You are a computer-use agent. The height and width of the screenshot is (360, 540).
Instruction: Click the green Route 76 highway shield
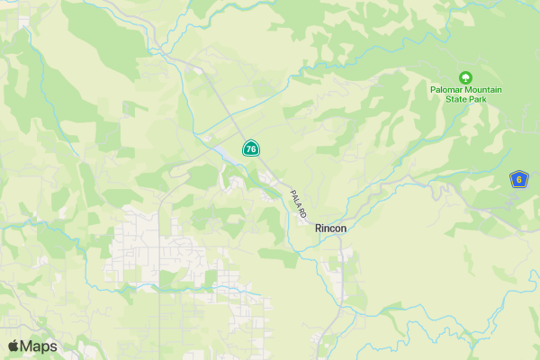pos(251,148)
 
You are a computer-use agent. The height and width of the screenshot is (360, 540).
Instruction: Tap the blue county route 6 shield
pos(518,179)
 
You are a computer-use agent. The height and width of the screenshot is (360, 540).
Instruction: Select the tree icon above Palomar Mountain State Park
pos(465,77)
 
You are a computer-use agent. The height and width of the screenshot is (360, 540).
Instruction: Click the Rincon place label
pos(330,229)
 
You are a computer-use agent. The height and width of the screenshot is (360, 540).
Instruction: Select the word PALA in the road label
pos(295,197)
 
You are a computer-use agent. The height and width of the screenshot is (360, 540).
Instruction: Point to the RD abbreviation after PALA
pos(303,213)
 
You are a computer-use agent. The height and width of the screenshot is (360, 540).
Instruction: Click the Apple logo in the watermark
pos(13,346)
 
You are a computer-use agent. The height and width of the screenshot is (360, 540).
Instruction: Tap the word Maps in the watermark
pos(39,346)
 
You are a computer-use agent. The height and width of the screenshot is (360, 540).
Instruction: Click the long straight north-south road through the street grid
pos(160,270)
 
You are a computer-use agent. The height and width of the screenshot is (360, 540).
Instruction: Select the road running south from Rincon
pos(340,279)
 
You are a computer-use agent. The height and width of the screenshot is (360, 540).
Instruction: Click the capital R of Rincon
pos(319,229)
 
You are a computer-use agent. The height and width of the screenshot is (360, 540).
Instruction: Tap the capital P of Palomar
pos(433,90)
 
